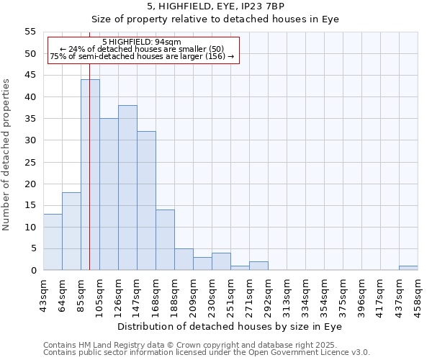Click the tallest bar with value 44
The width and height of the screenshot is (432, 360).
click(x=90, y=175)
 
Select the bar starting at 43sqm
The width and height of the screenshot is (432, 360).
click(x=53, y=242)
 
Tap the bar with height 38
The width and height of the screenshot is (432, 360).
click(x=127, y=188)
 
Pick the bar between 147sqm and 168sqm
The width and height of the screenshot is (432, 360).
click(x=146, y=201)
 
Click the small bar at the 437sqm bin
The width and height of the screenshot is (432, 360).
click(x=408, y=268)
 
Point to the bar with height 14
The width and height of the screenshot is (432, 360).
click(x=165, y=240)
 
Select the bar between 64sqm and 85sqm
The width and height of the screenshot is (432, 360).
click(x=71, y=231)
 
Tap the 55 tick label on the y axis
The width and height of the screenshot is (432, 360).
click(x=30, y=32)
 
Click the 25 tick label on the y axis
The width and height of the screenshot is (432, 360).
click(x=30, y=162)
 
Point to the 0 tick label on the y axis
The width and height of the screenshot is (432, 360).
click(x=32, y=271)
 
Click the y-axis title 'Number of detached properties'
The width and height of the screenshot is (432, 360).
click(x=6, y=155)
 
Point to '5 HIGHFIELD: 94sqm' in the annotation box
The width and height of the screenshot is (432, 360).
click(x=142, y=42)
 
